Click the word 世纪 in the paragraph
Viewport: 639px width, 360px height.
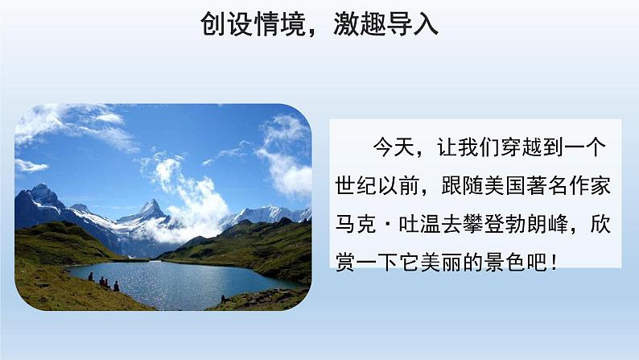point(352,185)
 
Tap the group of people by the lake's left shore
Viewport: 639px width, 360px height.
point(104,283)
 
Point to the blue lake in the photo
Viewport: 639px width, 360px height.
point(177,282)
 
